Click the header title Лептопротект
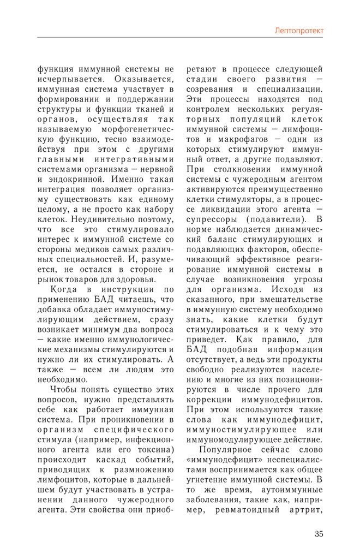click(298, 31)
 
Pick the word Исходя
click(289, 289)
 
